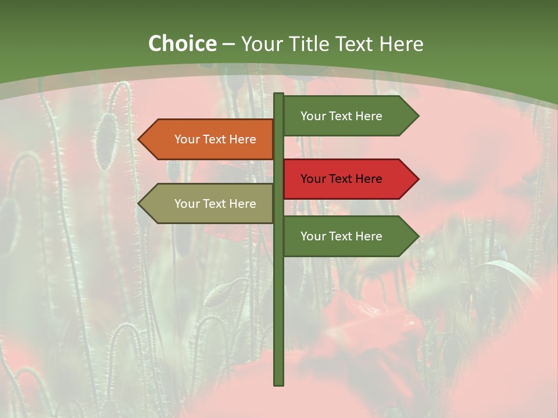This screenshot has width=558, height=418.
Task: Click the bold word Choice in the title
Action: (182, 44)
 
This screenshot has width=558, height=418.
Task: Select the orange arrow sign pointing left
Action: (209, 139)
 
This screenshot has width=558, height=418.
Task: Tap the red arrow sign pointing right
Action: (349, 179)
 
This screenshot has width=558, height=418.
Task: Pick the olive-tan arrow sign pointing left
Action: (209, 204)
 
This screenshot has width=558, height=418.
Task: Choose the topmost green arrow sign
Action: (349, 116)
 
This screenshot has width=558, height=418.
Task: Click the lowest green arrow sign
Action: (349, 236)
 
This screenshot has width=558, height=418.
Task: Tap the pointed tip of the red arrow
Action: (417, 179)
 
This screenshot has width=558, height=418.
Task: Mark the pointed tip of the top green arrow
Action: (417, 116)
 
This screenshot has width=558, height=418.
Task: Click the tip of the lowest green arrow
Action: (417, 236)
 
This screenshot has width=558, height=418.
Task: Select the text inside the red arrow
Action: (341, 179)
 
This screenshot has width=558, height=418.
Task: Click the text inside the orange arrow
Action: (215, 139)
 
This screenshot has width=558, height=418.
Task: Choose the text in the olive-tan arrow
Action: (215, 204)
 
